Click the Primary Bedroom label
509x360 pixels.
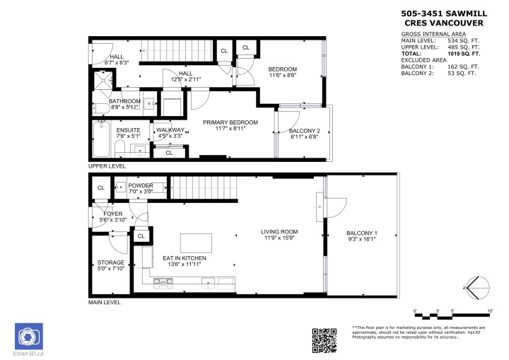point(230,123)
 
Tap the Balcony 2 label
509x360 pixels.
point(305,131)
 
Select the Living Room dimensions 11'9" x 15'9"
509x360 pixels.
point(279,239)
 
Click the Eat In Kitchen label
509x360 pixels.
point(184,258)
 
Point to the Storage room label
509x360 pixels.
point(110,262)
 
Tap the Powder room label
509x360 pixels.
point(141,185)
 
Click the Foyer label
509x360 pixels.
point(113,213)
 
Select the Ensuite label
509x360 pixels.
point(128,130)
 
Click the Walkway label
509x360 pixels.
point(170,130)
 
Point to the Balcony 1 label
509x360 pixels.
point(361,233)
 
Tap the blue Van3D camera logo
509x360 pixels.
point(29,335)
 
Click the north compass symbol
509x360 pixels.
point(478,288)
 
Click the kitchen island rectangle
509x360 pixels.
point(197,243)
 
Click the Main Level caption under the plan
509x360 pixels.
point(104,302)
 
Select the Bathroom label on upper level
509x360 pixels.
point(124,101)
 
